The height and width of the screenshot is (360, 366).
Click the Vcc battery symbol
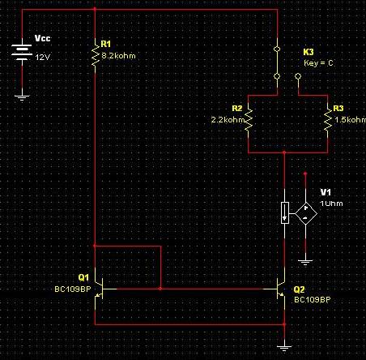click(x=22, y=51)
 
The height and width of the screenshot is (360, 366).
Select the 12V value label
click(x=42, y=58)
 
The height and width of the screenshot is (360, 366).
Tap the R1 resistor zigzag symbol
click(x=96, y=56)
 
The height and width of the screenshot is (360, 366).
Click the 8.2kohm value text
click(x=118, y=56)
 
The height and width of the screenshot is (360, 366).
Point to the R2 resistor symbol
click(x=249, y=121)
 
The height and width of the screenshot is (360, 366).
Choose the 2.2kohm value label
click(x=228, y=120)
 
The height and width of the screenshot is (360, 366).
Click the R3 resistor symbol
click(x=328, y=121)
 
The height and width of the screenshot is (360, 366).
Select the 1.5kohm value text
click(x=351, y=120)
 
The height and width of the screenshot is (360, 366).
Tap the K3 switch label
click(x=309, y=52)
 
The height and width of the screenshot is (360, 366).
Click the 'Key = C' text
click(x=318, y=63)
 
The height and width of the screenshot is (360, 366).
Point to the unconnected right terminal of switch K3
click(x=298, y=76)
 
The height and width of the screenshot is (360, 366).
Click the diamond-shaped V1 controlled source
click(x=305, y=213)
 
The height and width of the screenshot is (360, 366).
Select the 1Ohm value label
click(x=331, y=204)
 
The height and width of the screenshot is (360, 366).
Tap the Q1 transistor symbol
click(x=100, y=289)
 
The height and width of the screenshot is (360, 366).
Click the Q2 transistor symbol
click(x=281, y=289)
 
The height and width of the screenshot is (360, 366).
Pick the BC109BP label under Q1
click(x=73, y=289)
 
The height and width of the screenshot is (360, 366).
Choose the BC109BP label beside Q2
click(x=313, y=300)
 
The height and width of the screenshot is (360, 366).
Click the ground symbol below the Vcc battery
click(x=22, y=97)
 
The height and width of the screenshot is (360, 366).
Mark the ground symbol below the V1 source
click(x=305, y=263)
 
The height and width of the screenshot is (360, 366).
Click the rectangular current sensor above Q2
click(x=285, y=212)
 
